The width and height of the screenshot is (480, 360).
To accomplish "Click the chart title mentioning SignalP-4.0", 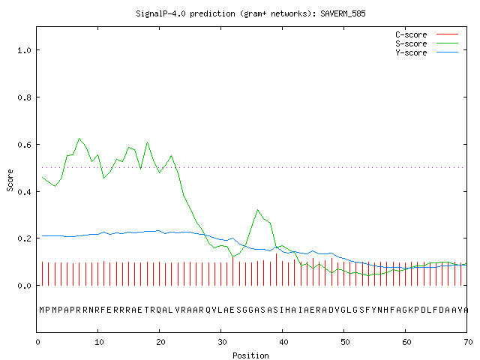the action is coord(250,13).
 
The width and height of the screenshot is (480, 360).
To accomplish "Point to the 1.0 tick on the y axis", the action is coord(25,50).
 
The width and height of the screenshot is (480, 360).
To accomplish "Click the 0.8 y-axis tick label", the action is coord(25,97).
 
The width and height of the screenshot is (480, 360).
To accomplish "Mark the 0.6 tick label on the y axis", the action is coord(25,145).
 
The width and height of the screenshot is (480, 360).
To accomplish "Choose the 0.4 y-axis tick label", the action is coord(25,192).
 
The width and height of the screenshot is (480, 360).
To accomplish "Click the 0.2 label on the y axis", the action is coord(25,238).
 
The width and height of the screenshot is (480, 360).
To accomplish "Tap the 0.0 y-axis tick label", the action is coord(25,286).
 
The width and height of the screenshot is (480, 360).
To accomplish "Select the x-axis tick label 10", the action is coord(99,342).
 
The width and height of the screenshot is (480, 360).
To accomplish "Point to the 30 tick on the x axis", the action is coord(222,342).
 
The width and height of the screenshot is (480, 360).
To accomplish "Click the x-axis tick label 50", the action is coord(345,342).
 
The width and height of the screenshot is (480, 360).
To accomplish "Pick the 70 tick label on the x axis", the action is coord(468,342).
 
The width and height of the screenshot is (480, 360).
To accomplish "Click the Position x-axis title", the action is coord(250,355).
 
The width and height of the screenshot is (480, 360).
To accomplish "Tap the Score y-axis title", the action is coord(10,180).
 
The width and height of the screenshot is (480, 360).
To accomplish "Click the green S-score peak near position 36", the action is coord(258,210).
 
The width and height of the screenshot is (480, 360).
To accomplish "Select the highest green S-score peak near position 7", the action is coord(79,138).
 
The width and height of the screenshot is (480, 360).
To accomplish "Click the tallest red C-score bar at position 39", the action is coord(277,269).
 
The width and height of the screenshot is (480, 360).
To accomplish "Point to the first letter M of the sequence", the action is coord(42,310).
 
